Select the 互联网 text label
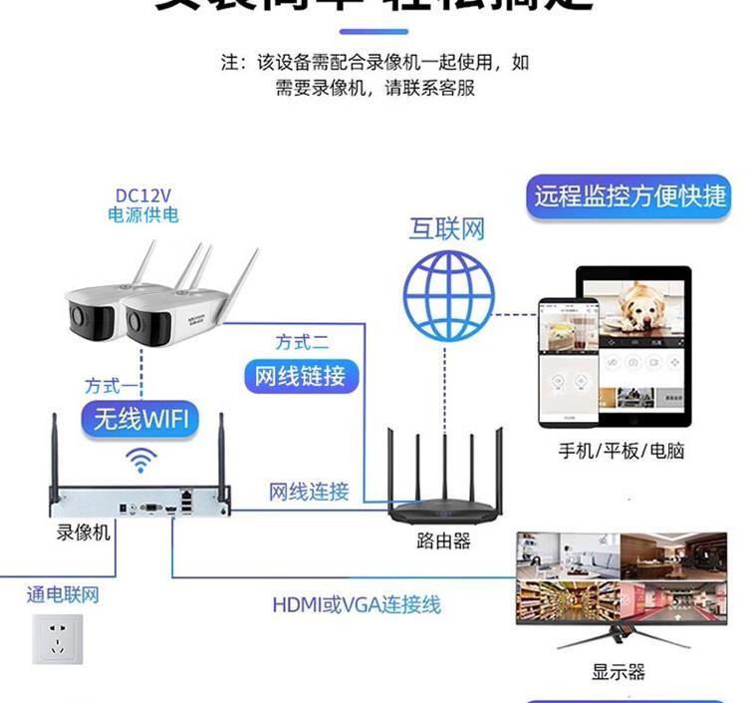pos(447,228)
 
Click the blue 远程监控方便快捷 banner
pos(630,194)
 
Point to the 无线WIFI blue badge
pos(140,418)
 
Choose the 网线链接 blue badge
pos(301,376)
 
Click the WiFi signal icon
pos(140,461)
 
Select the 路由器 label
pos(443,540)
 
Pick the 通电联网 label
pos(63,595)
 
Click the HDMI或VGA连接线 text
pos(357,604)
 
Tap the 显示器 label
pos(619,671)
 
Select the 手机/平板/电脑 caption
pos(622,450)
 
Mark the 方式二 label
pos(302,342)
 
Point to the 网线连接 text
pos(309,491)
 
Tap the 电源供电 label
pos(143,213)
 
